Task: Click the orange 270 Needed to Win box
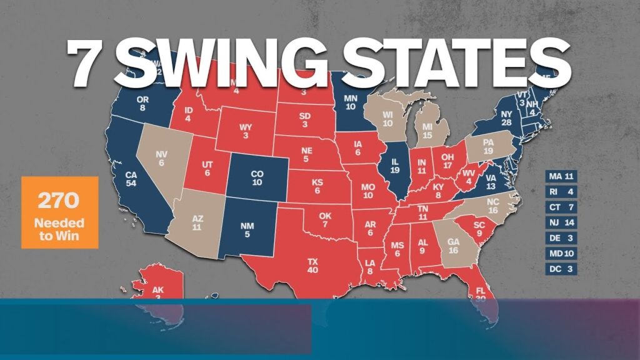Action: tap(60, 212)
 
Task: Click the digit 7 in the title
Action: tap(86, 64)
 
